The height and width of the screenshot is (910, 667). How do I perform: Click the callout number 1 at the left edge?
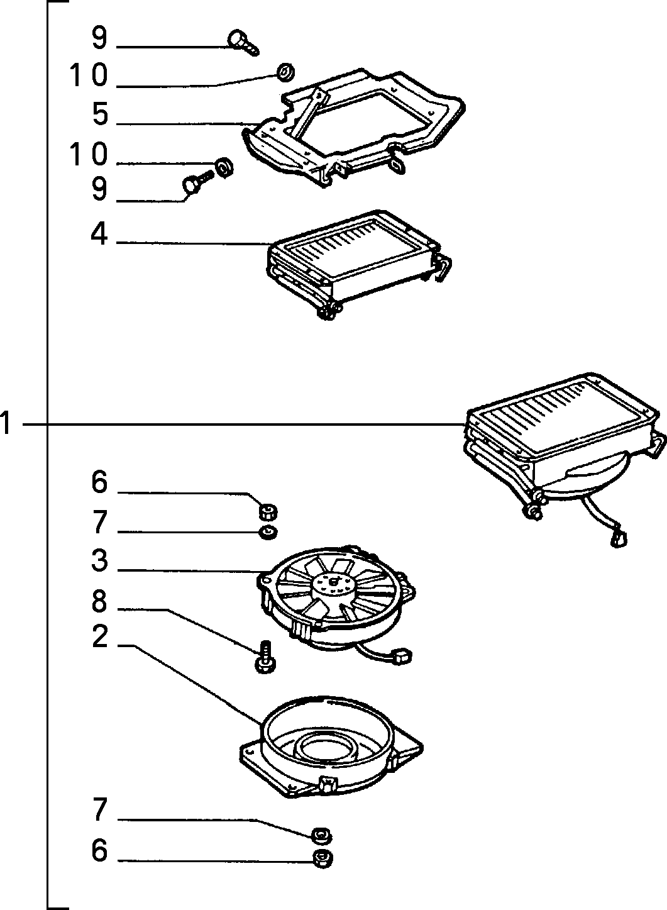coord(5,423)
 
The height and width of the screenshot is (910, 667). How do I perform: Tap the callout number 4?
coord(99,235)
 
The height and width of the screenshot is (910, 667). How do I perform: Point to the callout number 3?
coord(100,560)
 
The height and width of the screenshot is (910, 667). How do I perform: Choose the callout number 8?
coord(99,601)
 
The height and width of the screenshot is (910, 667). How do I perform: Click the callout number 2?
coord(100,636)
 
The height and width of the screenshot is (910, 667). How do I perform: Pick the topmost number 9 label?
coord(99,38)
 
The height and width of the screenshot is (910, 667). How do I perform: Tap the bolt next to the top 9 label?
coord(242,42)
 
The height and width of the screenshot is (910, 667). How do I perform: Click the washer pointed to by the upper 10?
coord(286,72)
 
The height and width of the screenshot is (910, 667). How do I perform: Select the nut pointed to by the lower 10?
coord(223,166)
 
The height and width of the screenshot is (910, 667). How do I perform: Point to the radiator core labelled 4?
coord(358,264)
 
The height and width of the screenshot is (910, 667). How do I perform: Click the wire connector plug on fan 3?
coord(403,657)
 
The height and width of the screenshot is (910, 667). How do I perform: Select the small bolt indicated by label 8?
coord(266,657)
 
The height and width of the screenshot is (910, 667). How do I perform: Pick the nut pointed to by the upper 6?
coord(268,512)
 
